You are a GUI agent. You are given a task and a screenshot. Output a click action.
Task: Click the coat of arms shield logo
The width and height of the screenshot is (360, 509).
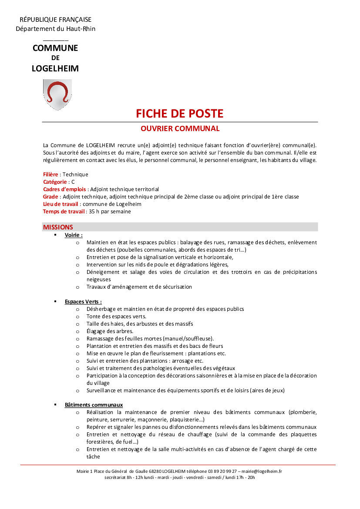coord(57,94)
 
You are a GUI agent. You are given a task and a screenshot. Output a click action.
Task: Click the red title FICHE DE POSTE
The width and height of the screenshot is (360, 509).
coord(179,114)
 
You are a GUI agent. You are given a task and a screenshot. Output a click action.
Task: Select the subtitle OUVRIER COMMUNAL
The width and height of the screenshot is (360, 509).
coord(180,128)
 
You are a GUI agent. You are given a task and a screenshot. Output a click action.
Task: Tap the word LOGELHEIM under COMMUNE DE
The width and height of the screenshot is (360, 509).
coord(55,68)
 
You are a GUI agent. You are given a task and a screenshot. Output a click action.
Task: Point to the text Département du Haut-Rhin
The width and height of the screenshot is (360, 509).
coord(55,29)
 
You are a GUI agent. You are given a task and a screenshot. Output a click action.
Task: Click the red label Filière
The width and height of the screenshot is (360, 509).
coord(50,174)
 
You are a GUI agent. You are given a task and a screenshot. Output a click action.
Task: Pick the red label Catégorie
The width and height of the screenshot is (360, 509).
coord(55,182)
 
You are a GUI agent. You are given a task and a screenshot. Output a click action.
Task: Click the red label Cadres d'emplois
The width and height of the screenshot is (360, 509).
coord(65,189)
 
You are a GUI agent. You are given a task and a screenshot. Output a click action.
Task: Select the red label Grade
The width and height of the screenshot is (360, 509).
coord(50,196)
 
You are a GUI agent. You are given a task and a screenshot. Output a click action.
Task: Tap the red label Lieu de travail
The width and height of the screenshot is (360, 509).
coord(61,204)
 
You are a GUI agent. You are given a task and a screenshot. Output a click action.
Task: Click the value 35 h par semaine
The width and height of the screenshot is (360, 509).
coord(110,212)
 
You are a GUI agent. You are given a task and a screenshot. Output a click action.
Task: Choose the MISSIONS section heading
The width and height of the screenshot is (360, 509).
coord(58,227)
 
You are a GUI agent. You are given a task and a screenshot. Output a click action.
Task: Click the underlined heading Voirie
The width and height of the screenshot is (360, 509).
coord(74,235)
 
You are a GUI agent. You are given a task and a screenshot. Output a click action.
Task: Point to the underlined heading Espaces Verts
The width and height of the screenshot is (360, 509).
coord(83,301)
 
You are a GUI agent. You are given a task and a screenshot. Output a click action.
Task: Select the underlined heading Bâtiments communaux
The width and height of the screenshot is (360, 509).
coord(94,405)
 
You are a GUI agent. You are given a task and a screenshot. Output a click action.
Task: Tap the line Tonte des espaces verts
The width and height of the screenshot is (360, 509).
coord(116,316)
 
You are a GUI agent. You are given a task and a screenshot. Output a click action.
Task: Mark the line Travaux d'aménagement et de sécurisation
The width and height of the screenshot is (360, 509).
coord(139,287)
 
